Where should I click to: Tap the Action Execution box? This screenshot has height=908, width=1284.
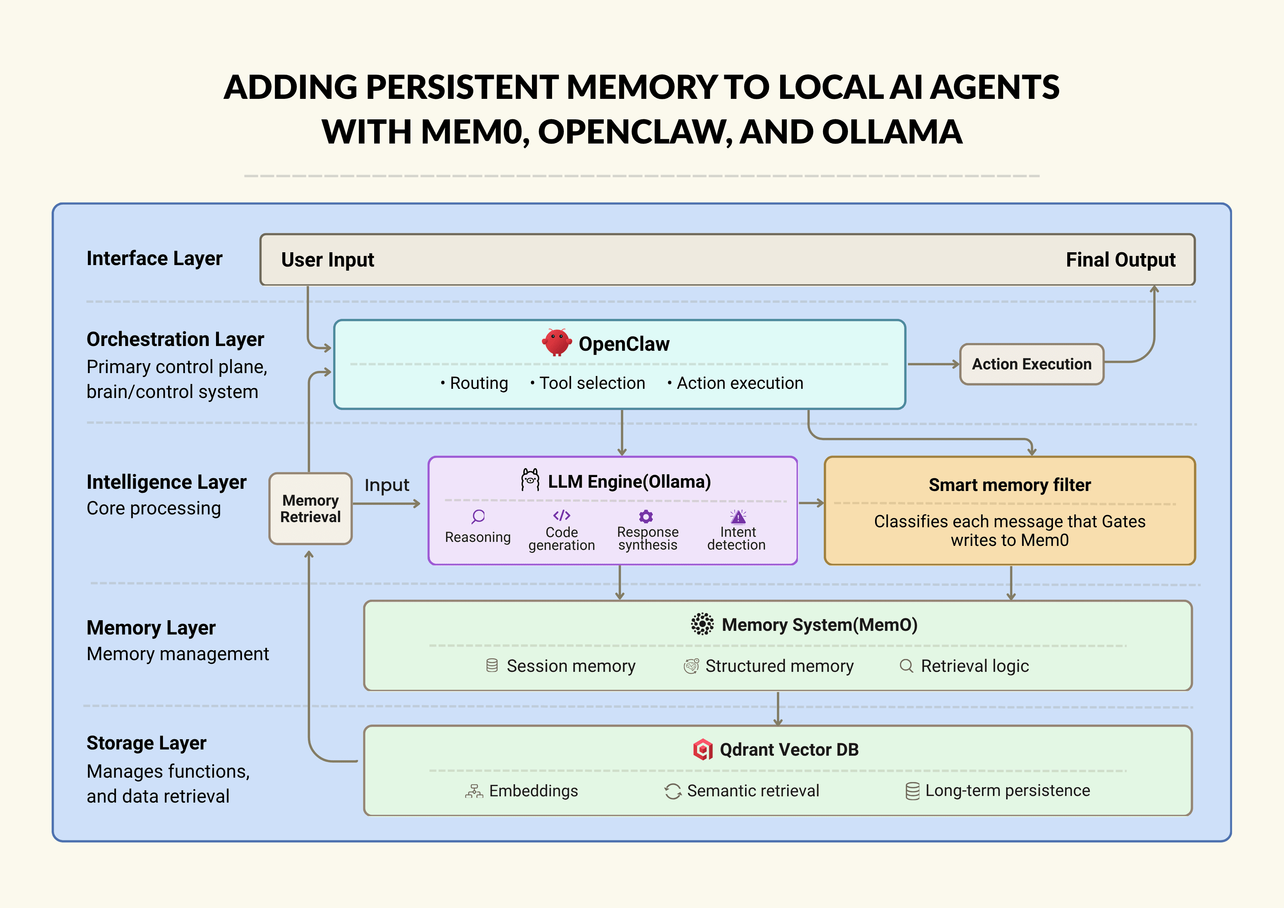coord(1031,364)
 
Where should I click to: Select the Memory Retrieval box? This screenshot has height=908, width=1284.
coord(310,508)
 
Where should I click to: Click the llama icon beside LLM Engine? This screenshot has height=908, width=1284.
coord(529,480)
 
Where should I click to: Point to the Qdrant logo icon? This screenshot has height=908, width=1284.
coord(702,749)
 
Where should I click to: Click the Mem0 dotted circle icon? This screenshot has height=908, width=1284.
coord(702,624)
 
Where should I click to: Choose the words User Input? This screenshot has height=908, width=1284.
coord(327,260)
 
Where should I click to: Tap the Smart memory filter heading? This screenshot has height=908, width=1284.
coord(1009,485)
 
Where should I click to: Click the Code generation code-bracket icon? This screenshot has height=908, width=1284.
coord(562,516)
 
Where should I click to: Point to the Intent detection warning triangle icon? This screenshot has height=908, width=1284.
coord(738,516)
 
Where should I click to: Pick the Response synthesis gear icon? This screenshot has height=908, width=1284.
coord(646,516)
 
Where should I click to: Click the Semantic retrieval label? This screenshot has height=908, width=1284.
coord(753,790)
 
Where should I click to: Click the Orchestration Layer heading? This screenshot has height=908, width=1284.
coord(175,339)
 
